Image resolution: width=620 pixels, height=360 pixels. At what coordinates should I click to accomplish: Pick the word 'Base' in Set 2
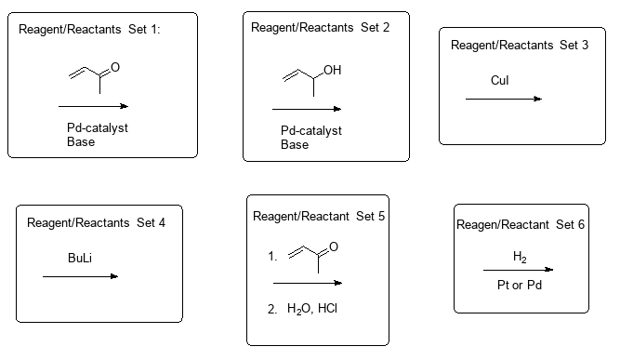294,145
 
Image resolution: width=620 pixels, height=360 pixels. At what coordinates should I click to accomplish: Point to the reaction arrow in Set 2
306,110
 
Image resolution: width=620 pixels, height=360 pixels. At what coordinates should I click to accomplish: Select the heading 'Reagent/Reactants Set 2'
320,27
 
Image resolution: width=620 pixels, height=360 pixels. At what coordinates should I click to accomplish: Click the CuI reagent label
500,81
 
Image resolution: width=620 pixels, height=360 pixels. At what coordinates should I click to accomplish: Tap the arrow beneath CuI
504,99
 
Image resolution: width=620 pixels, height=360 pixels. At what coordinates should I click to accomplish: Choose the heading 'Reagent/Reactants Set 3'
520,45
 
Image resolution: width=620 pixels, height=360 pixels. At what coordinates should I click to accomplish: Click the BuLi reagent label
80,258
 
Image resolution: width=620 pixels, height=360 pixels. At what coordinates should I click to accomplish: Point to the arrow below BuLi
80,276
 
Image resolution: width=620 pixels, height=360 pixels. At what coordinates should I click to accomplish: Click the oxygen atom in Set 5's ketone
335,246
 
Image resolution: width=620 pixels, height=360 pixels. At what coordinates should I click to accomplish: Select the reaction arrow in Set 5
307,282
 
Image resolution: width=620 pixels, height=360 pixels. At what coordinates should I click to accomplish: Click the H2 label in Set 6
521,256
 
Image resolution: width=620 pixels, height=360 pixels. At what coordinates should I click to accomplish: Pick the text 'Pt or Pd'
521,284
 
